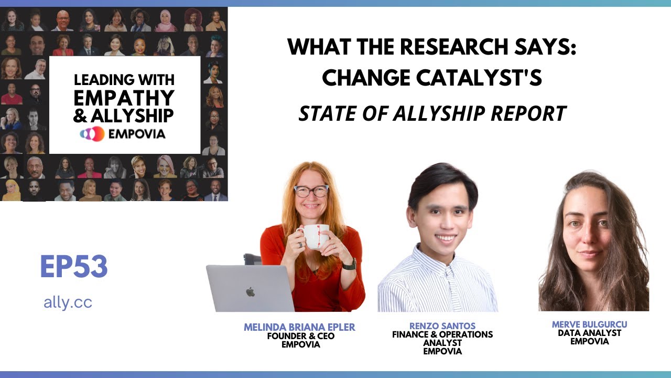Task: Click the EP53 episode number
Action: (x=73, y=267)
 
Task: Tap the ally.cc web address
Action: (x=68, y=302)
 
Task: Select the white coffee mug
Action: (x=316, y=236)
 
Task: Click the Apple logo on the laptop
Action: (x=250, y=291)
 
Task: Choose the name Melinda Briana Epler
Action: (x=299, y=327)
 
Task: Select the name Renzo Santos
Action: (x=442, y=325)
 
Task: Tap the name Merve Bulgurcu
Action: (x=589, y=324)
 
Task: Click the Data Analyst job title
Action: (x=589, y=333)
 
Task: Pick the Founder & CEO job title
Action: (x=300, y=336)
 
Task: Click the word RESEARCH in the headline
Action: (x=440, y=48)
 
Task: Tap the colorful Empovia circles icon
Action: (x=92, y=134)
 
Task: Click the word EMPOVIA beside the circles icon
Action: (x=137, y=134)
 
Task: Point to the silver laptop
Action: (x=250, y=289)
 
